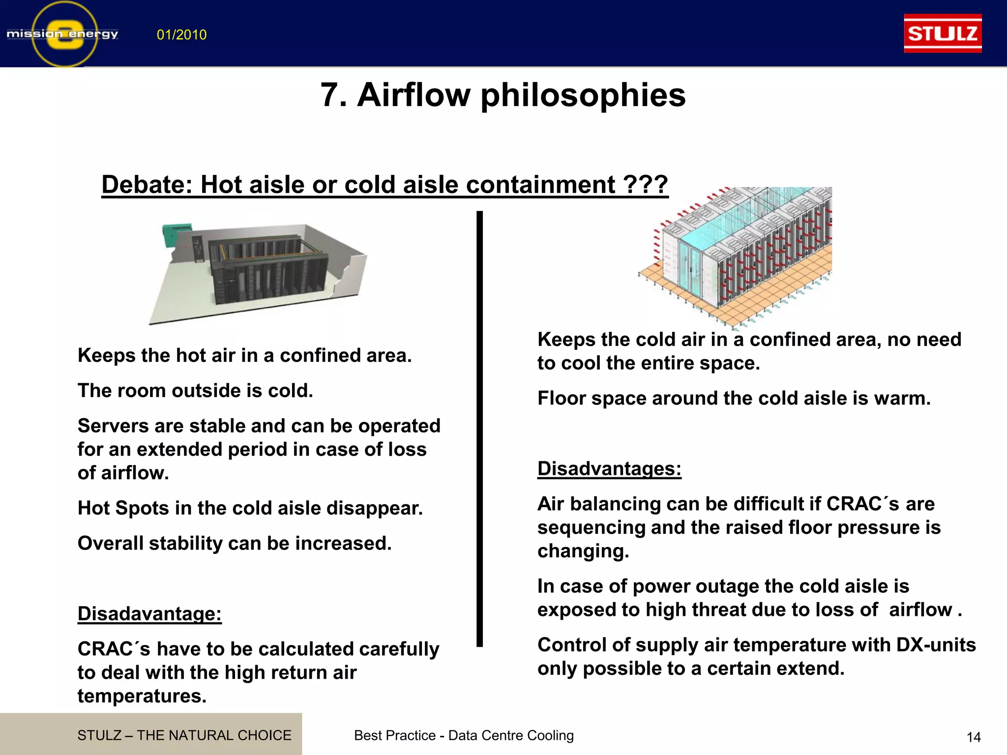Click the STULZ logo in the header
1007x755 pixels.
943,33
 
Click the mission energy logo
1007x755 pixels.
63,34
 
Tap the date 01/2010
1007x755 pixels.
181,35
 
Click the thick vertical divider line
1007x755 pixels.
479,428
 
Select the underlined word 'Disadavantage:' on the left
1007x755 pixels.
149,613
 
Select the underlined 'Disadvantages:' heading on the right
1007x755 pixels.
609,468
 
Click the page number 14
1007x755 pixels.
974,737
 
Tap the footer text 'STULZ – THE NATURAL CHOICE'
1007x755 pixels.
184,735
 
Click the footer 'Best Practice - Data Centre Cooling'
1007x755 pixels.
464,735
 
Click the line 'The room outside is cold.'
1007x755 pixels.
195,391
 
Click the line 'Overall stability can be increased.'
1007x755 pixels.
235,543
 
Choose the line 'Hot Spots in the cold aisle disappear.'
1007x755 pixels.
250,508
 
